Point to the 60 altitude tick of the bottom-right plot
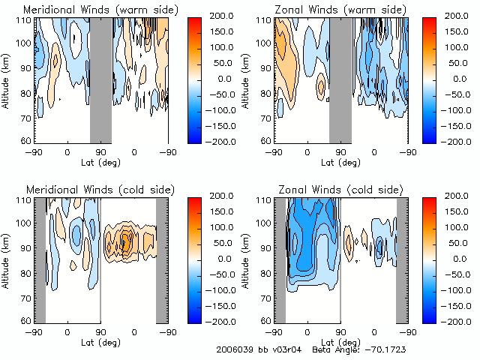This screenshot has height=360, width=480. coord(264,320)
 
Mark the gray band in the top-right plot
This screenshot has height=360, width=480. coord(340,79)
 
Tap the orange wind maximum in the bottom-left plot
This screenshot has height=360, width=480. coord(126,241)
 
